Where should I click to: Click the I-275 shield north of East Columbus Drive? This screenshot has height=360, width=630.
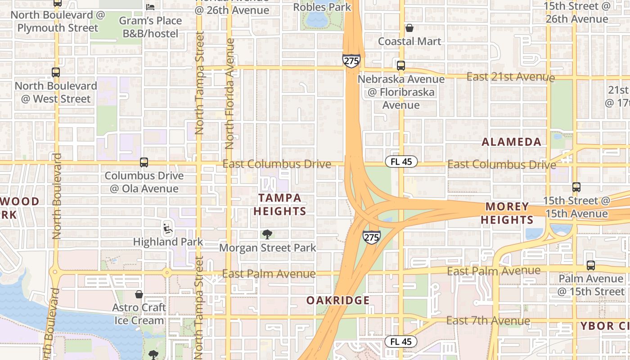click(x=351, y=60)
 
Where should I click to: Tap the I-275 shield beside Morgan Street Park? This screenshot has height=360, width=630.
click(x=372, y=237)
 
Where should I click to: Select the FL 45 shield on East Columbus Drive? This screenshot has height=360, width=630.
click(x=401, y=162)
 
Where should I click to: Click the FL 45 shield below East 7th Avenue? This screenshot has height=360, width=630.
click(x=400, y=342)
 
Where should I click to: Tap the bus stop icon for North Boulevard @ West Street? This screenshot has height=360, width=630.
click(x=56, y=72)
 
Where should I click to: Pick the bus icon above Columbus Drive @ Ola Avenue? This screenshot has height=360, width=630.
click(x=144, y=162)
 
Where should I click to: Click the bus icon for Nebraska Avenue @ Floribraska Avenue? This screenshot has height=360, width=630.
click(x=400, y=65)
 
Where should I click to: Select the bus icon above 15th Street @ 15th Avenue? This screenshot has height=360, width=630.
click(x=576, y=187)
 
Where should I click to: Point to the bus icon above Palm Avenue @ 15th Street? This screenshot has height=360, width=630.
click(x=591, y=265)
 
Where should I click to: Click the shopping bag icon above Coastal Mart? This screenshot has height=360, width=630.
click(x=409, y=28)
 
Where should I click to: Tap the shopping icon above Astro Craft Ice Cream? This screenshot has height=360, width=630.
click(x=139, y=294)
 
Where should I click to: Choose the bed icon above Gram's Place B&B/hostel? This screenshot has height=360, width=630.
click(x=150, y=7)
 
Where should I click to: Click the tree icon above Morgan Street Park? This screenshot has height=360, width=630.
click(x=267, y=234)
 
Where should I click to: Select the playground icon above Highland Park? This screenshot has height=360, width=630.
click(x=168, y=229)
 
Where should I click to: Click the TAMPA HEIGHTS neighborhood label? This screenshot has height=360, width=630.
click(x=279, y=204)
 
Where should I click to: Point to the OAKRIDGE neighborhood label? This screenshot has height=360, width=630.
click(x=338, y=300)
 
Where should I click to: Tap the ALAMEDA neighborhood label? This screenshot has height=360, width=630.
click(x=512, y=142)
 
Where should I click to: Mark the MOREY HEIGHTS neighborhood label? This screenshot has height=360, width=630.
click(x=507, y=213)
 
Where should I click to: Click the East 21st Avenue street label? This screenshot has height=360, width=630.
click(x=510, y=77)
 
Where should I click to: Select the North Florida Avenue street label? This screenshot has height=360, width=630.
click(x=230, y=94)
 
